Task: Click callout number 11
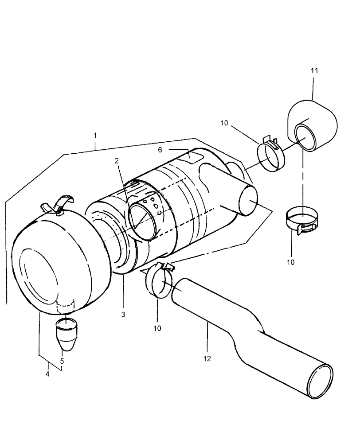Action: [314, 70]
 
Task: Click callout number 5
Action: [62, 361]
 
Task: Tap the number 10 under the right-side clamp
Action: [291, 262]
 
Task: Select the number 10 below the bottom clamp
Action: [157, 328]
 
